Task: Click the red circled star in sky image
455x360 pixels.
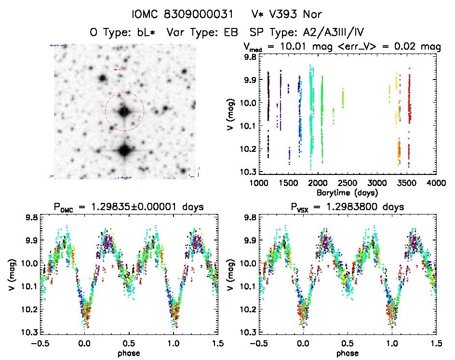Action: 124,111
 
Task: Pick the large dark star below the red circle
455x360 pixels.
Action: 125,150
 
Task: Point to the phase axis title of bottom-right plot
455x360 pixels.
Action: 348,353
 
